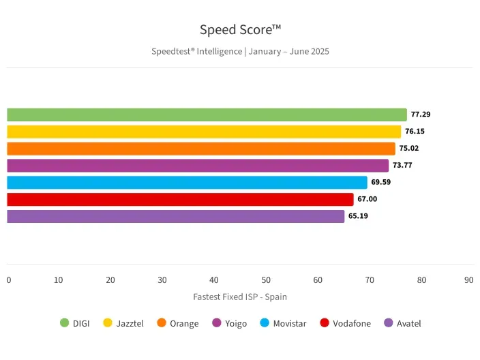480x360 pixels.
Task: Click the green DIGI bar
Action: pyautogui.click(x=207, y=115)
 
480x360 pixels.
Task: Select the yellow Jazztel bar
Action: pyautogui.click(x=204, y=132)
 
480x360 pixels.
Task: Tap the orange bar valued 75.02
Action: pyautogui.click(x=201, y=149)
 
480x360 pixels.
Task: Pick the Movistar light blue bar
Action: pyautogui.click(x=187, y=182)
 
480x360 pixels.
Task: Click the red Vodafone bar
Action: pyautogui.click(x=180, y=199)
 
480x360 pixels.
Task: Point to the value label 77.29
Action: pyautogui.click(x=421, y=115)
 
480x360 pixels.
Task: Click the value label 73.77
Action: pyautogui.click(x=402, y=166)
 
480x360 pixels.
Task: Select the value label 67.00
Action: pyautogui.click(x=367, y=199)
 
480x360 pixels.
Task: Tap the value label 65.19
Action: pyautogui.click(x=358, y=216)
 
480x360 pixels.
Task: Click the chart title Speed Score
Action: pyautogui.click(x=240, y=30)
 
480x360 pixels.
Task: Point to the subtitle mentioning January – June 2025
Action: pyautogui.click(x=240, y=51)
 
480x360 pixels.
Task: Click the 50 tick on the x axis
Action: pyautogui.click(x=266, y=280)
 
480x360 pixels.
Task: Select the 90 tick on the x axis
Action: pyautogui.click(x=468, y=280)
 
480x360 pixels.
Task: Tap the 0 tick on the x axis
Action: pyautogui.click(x=9, y=280)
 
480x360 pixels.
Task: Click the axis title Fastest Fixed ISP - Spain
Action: pyautogui.click(x=240, y=297)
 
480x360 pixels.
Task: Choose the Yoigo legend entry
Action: pyautogui.click(x=230, y=323)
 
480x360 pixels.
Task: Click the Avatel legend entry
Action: pyautogui.click(x=403, y=323)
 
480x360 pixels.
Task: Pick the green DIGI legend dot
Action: pyautogui.click(x=65, y=323)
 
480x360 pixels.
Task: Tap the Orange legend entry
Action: pyautogui.click(x=178, y=323)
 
